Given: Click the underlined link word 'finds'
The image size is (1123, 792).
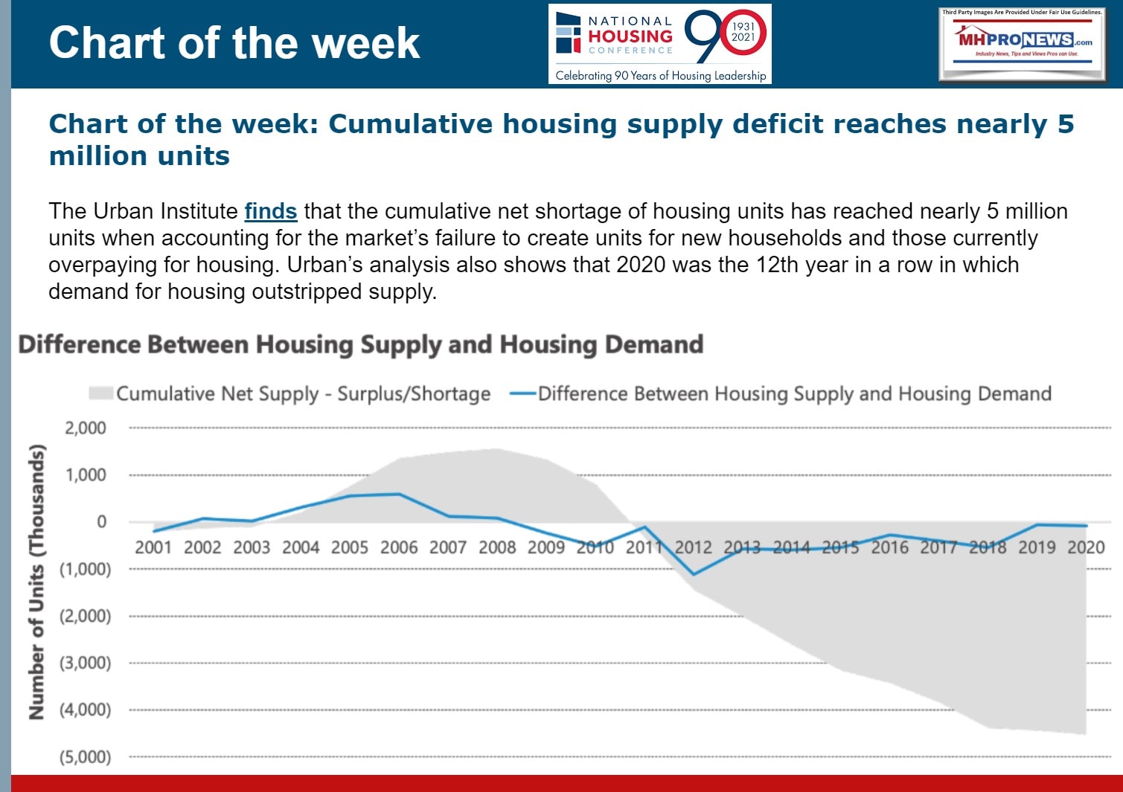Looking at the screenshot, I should tap(270, 211).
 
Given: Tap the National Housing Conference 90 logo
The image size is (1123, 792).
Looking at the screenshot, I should tap(659, 44).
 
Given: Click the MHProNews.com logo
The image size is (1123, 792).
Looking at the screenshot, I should tap(1022, 43).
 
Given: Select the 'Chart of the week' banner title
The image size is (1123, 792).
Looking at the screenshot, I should tap(234, 42).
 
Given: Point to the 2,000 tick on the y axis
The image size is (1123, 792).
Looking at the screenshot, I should tap(86, 428).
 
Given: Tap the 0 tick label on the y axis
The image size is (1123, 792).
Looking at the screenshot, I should tap(102, 522).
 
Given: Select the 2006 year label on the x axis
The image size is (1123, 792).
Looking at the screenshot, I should tap(399, 548).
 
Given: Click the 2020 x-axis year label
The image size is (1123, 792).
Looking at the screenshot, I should tap(1086, 548).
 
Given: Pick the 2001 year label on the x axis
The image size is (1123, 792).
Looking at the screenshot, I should tap(153, 548).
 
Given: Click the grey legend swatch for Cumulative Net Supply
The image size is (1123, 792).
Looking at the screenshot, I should tap(100, 393).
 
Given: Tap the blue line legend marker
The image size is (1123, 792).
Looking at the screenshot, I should tap(522, 393).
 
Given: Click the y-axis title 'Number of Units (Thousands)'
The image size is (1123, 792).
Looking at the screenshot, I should tap(36, 582).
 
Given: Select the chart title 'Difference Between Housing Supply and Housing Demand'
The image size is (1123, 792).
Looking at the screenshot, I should tap(361, 345).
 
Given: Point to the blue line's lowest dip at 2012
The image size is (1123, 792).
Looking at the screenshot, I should tap(694, 574).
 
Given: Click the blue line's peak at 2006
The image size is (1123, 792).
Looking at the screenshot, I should tap(399, 494).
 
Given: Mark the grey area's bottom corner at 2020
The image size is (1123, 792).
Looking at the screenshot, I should tap(1086, 734).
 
